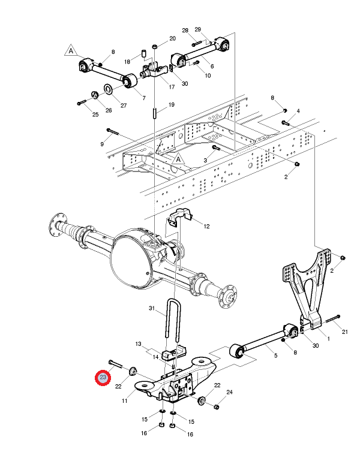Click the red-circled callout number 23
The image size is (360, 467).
(103, 377)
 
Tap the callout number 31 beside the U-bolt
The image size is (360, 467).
(152, 309)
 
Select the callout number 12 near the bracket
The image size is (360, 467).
(206, 227)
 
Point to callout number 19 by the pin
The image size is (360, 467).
(172, 105)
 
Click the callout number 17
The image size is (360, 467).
(172, 87)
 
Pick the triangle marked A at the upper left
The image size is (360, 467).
(71, 51)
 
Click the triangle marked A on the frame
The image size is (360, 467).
(178, 159)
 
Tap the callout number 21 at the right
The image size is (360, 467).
(344, 332)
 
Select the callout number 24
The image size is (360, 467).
(229, 392)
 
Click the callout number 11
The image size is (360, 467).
(125, 401)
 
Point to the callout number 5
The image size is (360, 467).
(275, 355)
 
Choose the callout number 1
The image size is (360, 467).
(328, 339)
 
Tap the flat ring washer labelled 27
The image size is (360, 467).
(108, 89)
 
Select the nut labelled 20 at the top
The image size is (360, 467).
(155, 46)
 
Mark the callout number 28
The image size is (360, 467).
(185, 31)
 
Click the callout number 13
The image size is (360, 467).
(138, 344)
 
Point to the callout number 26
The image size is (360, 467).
(109, 110)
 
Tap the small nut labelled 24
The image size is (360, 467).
(217, 406)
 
